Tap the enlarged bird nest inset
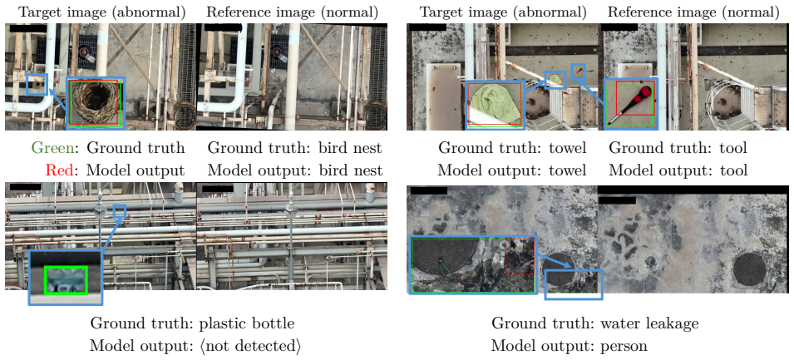coord(96,103)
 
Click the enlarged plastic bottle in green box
coord(66,280)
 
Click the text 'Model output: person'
coord(569,347)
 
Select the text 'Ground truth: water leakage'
coord(595,323)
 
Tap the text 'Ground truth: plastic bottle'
coord(192,323)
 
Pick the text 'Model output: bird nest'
coord(294,170)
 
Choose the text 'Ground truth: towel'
coord(512,148)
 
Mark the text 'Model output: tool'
coord(678,170)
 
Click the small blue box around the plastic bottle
coord(120,211)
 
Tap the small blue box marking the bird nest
coord(37,85)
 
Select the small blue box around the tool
coord(579,72)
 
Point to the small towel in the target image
coord(556,80)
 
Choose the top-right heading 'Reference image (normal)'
coord(693,11)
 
